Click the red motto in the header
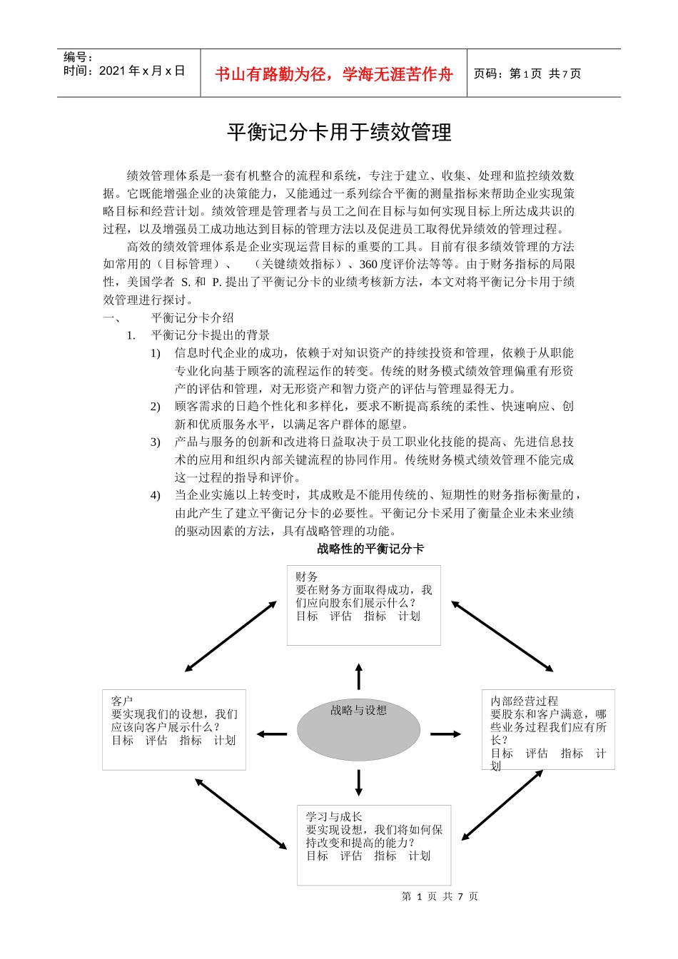tap(334, 74)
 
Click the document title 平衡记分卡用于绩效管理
tap(339, 133)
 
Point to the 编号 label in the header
tap(78, 57)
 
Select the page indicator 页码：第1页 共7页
tap(527, 74)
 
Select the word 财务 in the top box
tap(307, 577)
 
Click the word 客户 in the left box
tap(122, 701)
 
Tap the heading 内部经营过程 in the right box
tap(525, 701)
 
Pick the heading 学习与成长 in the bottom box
tap(334, 816)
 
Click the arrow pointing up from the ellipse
tap(358, 676)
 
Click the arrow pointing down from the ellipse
tap(358, 783)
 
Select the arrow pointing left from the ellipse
tap(272, 734)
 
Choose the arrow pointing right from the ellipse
tap(446, 734)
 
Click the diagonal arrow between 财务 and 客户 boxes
tap(231, 636)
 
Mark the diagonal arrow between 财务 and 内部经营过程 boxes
tap(502, 636)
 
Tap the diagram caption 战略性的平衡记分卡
tap(370, 549)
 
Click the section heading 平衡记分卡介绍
tap(192, 318)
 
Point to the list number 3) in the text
tap(155, 442)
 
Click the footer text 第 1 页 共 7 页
tap(440, 896)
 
